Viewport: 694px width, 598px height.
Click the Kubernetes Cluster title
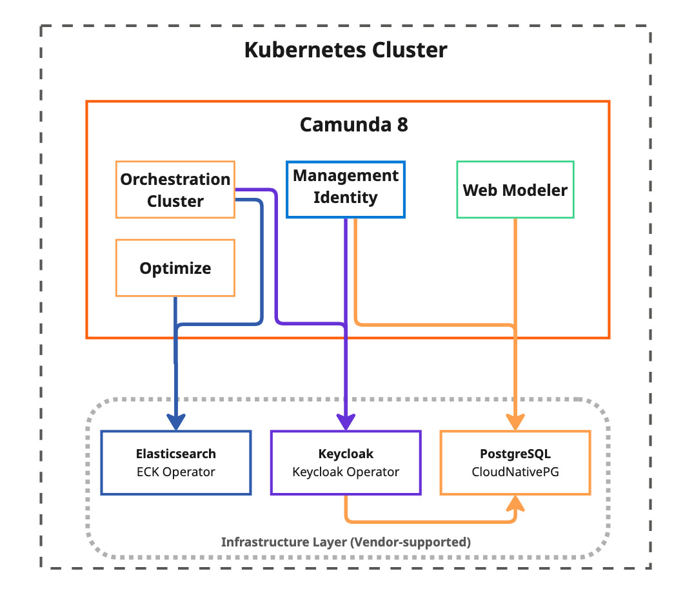[x=346, y=50]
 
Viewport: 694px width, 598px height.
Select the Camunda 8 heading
[x=353, y=124]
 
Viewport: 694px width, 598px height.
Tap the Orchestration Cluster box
[x=175, y=190]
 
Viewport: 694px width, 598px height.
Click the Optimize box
[x=175, y=268]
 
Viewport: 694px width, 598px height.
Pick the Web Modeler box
[x=515, y=190]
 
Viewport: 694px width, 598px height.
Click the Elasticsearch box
[x=175, y=463]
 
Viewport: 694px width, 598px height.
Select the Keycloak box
[x=346, y=463]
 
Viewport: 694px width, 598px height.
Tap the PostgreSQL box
[x=515, y=463]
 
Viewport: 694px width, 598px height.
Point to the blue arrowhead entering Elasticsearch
[x=176, y=422]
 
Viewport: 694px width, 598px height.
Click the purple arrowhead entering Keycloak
[x=346, y=422]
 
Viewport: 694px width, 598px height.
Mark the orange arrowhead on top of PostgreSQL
[x=515, y=422]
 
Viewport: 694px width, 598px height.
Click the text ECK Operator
[x=175, y=472]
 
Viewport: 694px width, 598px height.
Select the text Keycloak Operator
[x=346, y=472]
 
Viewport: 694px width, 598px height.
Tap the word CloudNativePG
[x=515, y=472]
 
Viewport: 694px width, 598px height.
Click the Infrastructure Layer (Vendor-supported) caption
[x=346, y=542]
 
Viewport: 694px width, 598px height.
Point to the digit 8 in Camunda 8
[x=402, y=124]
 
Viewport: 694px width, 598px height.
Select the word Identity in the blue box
[x=346, y=197]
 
